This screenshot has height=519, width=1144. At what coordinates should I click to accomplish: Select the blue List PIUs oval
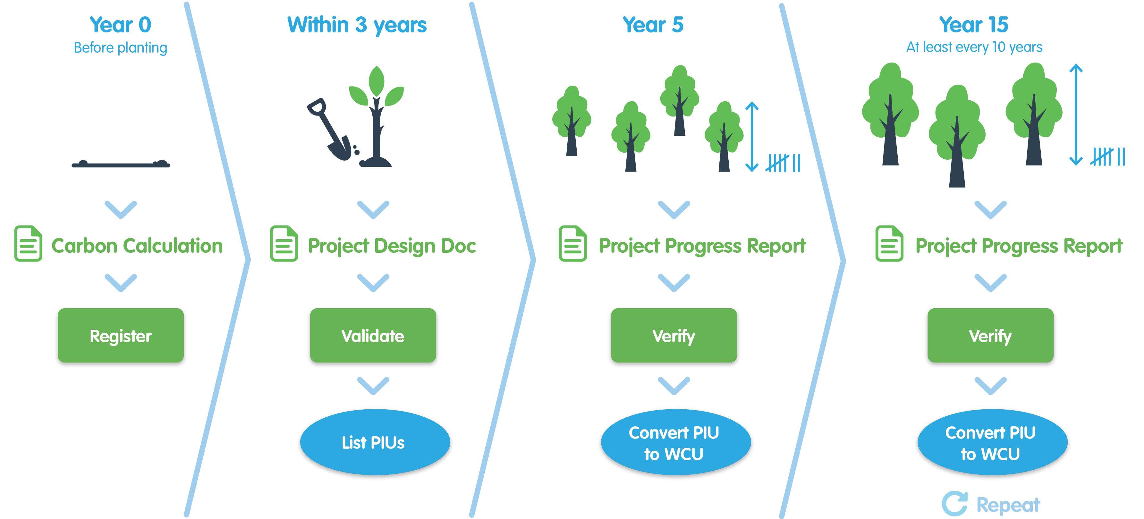click(x=375, y=442)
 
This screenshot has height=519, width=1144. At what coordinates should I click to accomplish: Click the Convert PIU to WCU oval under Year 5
click(x=675, y=442)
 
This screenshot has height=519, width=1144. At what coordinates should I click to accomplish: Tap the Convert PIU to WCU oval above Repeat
click(x=992, y=442)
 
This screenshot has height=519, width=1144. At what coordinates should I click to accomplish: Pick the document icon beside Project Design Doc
click(x=284, y=243)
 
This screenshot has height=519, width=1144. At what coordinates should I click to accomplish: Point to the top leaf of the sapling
click(x=377, y=81)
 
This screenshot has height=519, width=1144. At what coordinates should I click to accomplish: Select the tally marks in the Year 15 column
click(x=1107, y=157)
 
